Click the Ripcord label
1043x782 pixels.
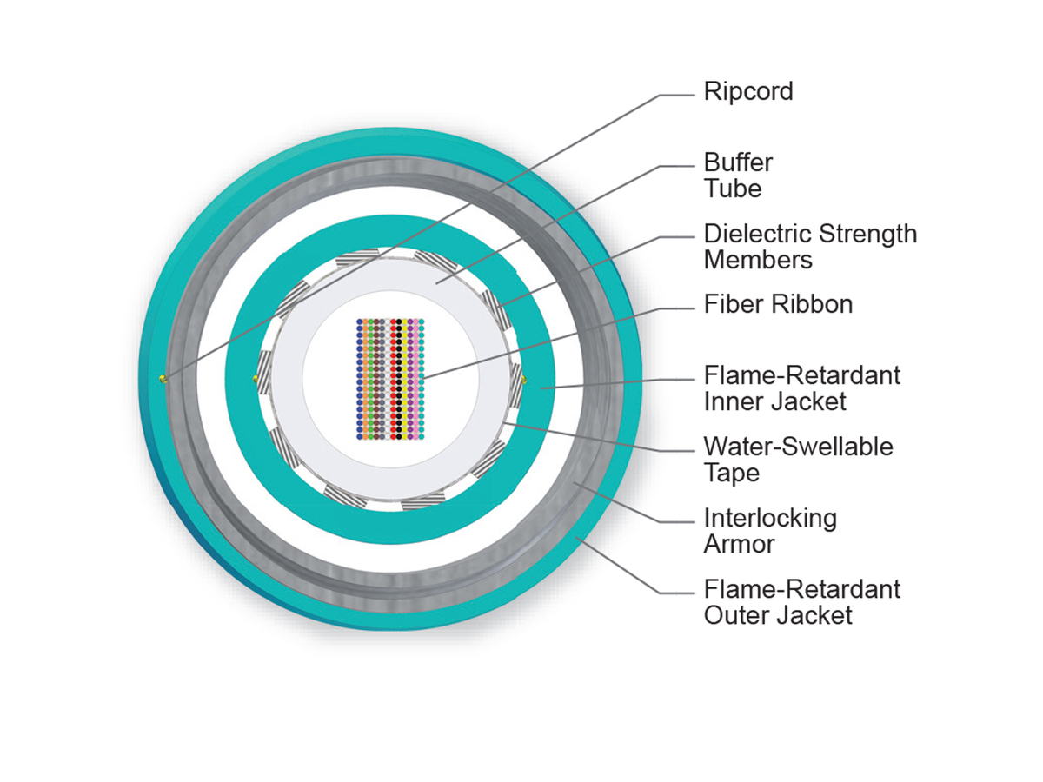[748, 91]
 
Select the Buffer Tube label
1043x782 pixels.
[738, 176]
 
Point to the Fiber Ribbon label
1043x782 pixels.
[778, 304]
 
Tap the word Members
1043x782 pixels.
[758, 260]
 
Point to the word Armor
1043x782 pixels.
[739, 545]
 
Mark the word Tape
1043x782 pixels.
[732, 474]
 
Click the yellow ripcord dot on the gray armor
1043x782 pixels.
[162, 379]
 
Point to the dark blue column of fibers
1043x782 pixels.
[360, 379]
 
